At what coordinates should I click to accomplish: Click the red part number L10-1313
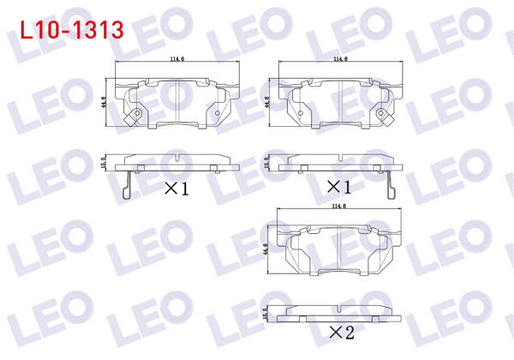coord(70,29)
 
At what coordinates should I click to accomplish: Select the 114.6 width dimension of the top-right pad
coord(340,60)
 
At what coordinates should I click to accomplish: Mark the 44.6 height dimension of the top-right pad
coord(268,103)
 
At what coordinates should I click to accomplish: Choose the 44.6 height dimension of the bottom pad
coord(269,250)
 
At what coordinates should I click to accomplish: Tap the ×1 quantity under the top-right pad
coord(340,187)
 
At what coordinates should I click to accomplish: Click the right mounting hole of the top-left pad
coord(218,112)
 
